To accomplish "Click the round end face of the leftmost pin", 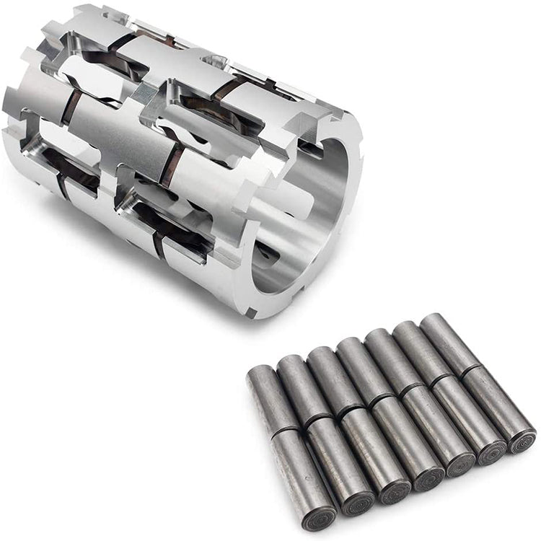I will [318, 517].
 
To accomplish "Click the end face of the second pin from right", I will [491, 452].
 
